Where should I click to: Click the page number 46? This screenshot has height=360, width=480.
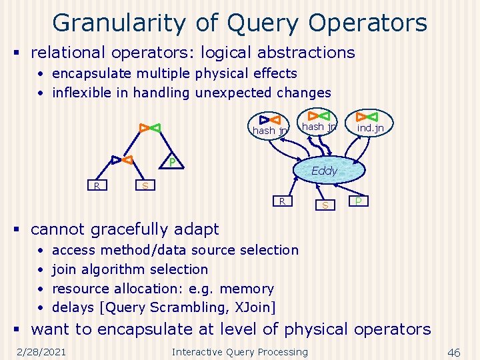click(x=454, y=352)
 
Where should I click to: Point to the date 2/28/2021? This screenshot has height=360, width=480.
click(x=41, y=352)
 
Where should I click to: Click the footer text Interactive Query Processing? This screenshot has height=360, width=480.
click(x=240, y=352)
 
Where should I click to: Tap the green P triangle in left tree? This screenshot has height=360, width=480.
click(x=171, y=162)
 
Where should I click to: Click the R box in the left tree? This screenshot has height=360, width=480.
click(x=97, y=185)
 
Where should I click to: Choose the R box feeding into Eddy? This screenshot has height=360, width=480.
click(x=283, y=201)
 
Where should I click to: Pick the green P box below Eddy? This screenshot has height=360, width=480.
click(x=359, y=201)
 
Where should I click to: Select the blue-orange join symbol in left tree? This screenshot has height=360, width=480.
click(x=122, y=160)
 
